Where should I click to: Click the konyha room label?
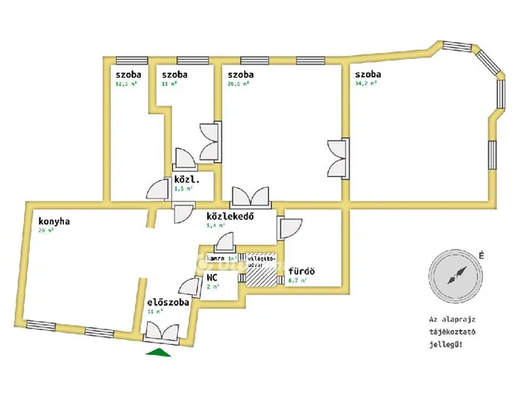[x=54, y=221]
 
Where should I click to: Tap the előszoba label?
[x=169, y=303]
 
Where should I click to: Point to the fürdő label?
[x=301, y=271]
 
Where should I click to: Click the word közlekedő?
[x=229, y=217]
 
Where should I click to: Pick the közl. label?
[x=184, y=179]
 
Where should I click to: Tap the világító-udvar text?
[x=262, y=261]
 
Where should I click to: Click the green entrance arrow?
[x=158, y=352]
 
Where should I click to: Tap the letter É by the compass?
[x=481, y=256]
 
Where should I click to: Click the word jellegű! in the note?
[x=452, y=342]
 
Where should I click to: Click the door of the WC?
[x=191, y=288]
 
